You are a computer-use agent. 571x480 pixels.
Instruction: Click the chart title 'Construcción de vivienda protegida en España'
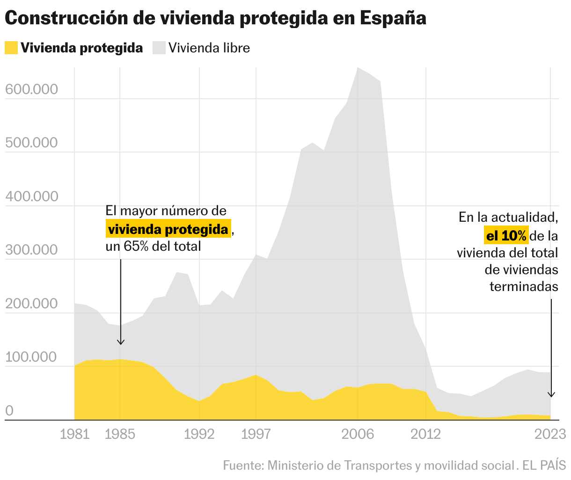216,19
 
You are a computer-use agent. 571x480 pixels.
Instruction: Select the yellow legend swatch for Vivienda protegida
11,48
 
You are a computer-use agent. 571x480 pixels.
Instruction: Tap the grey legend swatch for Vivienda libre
159,48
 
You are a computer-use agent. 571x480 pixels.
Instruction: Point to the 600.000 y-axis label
31,89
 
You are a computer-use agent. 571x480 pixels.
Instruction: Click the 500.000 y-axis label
31,143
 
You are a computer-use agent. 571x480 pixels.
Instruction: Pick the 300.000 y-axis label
31,250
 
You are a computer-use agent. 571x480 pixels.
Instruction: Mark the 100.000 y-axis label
31,357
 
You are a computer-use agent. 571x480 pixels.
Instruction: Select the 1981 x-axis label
75,435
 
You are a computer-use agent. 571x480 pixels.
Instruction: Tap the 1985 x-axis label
120,435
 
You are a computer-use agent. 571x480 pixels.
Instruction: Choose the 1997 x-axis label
256,435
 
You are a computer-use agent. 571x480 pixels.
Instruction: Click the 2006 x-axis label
358,435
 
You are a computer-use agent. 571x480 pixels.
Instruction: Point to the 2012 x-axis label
426,435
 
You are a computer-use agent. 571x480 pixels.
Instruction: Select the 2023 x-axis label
550,435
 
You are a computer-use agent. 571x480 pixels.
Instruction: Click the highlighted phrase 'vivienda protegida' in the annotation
168,229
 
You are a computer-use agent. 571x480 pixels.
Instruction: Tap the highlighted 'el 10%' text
506,236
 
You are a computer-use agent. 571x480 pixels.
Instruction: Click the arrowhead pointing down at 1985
121,342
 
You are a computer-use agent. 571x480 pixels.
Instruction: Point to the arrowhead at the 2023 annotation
551,394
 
